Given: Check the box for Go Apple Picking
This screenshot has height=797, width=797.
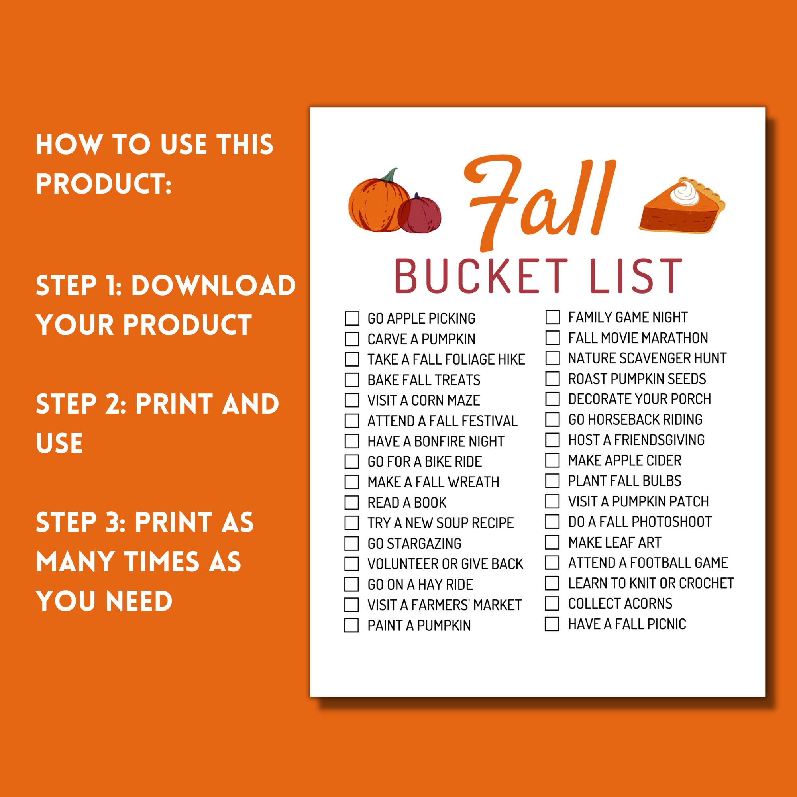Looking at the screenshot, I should pyautogui.click(x=352, y=318).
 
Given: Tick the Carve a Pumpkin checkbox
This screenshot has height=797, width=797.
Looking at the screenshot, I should pyautogui.click(x=352, y=339).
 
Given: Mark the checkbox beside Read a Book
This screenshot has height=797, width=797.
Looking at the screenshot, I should pyautogui.click(x=352, y=503).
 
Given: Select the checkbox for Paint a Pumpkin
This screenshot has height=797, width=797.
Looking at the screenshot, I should pyautogui.click(x=352, y=625).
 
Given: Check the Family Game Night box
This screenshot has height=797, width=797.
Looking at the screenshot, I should pyautogui.click(x=552, y=317).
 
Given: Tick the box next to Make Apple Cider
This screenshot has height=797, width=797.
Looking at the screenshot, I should pyautogui.click(x=552, y=460).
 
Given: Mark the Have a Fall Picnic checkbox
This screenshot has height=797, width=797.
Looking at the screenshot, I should pyautogui.click(x=552, y=624).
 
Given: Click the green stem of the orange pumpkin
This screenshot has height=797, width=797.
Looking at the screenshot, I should pyautogui.click(x=389, y=175).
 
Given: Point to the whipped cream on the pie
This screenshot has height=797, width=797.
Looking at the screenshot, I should pyautogui.click(x=684, y=192).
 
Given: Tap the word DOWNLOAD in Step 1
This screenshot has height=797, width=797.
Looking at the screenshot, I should pyautogui.click(x=213, y=285).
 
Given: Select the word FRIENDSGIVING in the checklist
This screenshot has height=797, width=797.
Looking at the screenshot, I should pyautogui.click(x=659, y=440).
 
